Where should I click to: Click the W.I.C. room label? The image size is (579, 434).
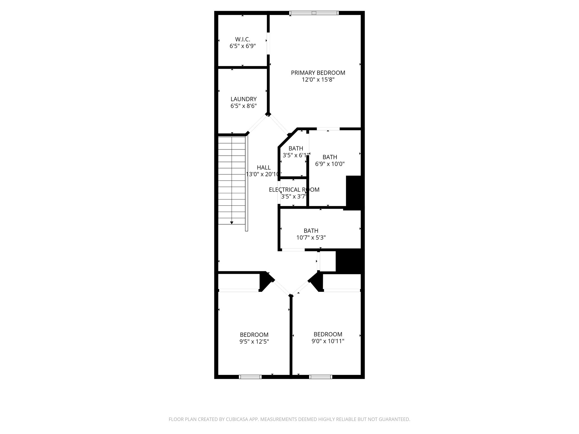tap(243, 39)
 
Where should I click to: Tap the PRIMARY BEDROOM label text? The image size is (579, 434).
tap(318, 73)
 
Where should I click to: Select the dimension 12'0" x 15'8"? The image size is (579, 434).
tap(318, 80)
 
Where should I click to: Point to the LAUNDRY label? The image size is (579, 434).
tap(243, 99)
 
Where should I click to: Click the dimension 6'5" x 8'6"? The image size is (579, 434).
tap(243, 106)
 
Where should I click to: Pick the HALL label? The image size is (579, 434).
tap(263, 168)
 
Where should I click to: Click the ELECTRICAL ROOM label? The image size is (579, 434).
tap(294, 190)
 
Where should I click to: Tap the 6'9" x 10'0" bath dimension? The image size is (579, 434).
tap(330, 164)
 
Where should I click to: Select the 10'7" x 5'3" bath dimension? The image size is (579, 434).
tap(311, 238)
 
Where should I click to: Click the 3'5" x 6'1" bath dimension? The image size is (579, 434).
tap(295, 155)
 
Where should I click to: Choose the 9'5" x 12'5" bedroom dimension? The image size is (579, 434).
tap(254, 341)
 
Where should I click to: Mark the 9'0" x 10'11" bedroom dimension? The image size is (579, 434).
tap(328, 341)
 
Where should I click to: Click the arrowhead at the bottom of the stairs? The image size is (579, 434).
tap(232, 223)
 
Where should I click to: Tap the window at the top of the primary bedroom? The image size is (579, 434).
tap(314, 13)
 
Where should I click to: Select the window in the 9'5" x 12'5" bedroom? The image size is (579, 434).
tap(250, 377)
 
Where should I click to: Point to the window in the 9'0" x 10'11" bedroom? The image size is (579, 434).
tap(321, 377)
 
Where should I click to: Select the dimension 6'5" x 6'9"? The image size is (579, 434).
tap(243, 46)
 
